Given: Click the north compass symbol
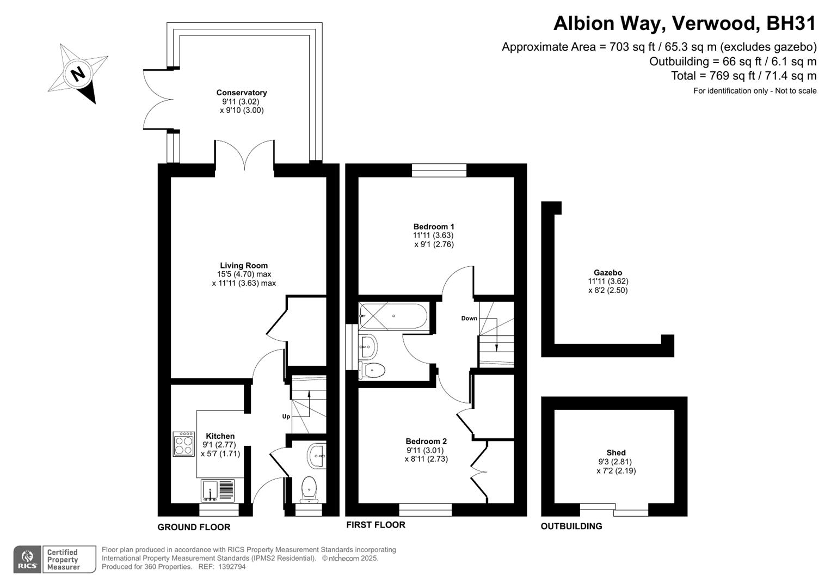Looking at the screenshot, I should (78, 73).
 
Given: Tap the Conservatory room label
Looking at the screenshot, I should (242, 93).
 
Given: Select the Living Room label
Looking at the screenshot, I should (244, 266).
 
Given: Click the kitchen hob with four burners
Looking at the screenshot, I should (184, 444).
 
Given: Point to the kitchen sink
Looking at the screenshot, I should (218, 490).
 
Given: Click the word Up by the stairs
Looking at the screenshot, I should (286, 416).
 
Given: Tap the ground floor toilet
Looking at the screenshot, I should (309, 488).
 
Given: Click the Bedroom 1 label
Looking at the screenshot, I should (434, 226).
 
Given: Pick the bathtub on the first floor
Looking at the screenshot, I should (393, 316).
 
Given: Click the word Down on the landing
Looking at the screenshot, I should (469, 318).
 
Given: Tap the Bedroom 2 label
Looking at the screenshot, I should (426, 441).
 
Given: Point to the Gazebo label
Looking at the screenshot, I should (608, 273).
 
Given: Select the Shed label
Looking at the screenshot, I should (616, 452).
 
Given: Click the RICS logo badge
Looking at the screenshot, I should (27, 560).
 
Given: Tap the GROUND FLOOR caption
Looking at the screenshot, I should (194, 527).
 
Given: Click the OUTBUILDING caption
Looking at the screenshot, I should (571, 526).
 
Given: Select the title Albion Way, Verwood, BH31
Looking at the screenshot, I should (685, 23).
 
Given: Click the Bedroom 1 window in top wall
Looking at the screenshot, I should (439, 170).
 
